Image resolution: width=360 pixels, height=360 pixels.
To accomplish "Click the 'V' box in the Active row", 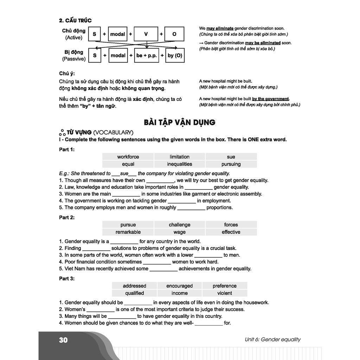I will (146, 34).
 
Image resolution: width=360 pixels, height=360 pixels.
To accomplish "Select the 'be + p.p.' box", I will (146, 56).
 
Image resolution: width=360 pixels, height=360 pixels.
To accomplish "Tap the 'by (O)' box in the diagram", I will (175, 56).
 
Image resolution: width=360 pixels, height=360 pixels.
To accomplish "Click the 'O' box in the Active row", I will (174, 34).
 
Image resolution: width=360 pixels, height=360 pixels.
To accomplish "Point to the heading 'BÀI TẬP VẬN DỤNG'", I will (180, 122).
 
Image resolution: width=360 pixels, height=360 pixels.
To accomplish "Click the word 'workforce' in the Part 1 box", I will (128, 157).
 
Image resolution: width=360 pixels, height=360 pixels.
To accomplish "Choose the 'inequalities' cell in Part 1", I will (180, 164).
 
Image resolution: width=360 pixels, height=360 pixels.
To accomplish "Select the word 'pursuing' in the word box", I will (231, 164).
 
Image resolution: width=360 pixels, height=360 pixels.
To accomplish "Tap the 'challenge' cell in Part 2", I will (180, 225).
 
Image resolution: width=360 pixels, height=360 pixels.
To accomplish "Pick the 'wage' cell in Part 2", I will (180, 232).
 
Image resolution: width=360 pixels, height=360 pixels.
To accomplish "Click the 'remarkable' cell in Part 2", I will (128, 232).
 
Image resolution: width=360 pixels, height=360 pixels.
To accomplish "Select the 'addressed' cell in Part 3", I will (134, 286).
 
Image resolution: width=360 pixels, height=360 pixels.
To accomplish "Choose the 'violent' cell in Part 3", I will (225, 293).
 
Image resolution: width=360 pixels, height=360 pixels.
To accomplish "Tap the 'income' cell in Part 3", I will (180, 293).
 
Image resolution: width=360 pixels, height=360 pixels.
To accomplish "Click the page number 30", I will (63, 340).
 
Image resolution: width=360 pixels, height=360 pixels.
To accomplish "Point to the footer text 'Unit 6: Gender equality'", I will (273, 340).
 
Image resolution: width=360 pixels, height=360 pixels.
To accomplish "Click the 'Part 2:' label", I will (67, 218).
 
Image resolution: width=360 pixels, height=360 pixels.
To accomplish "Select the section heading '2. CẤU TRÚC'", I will (75, 20).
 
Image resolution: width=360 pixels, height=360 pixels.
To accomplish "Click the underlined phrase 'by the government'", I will (270, 99).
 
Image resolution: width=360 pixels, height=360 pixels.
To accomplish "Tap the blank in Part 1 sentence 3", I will (126, 194).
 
